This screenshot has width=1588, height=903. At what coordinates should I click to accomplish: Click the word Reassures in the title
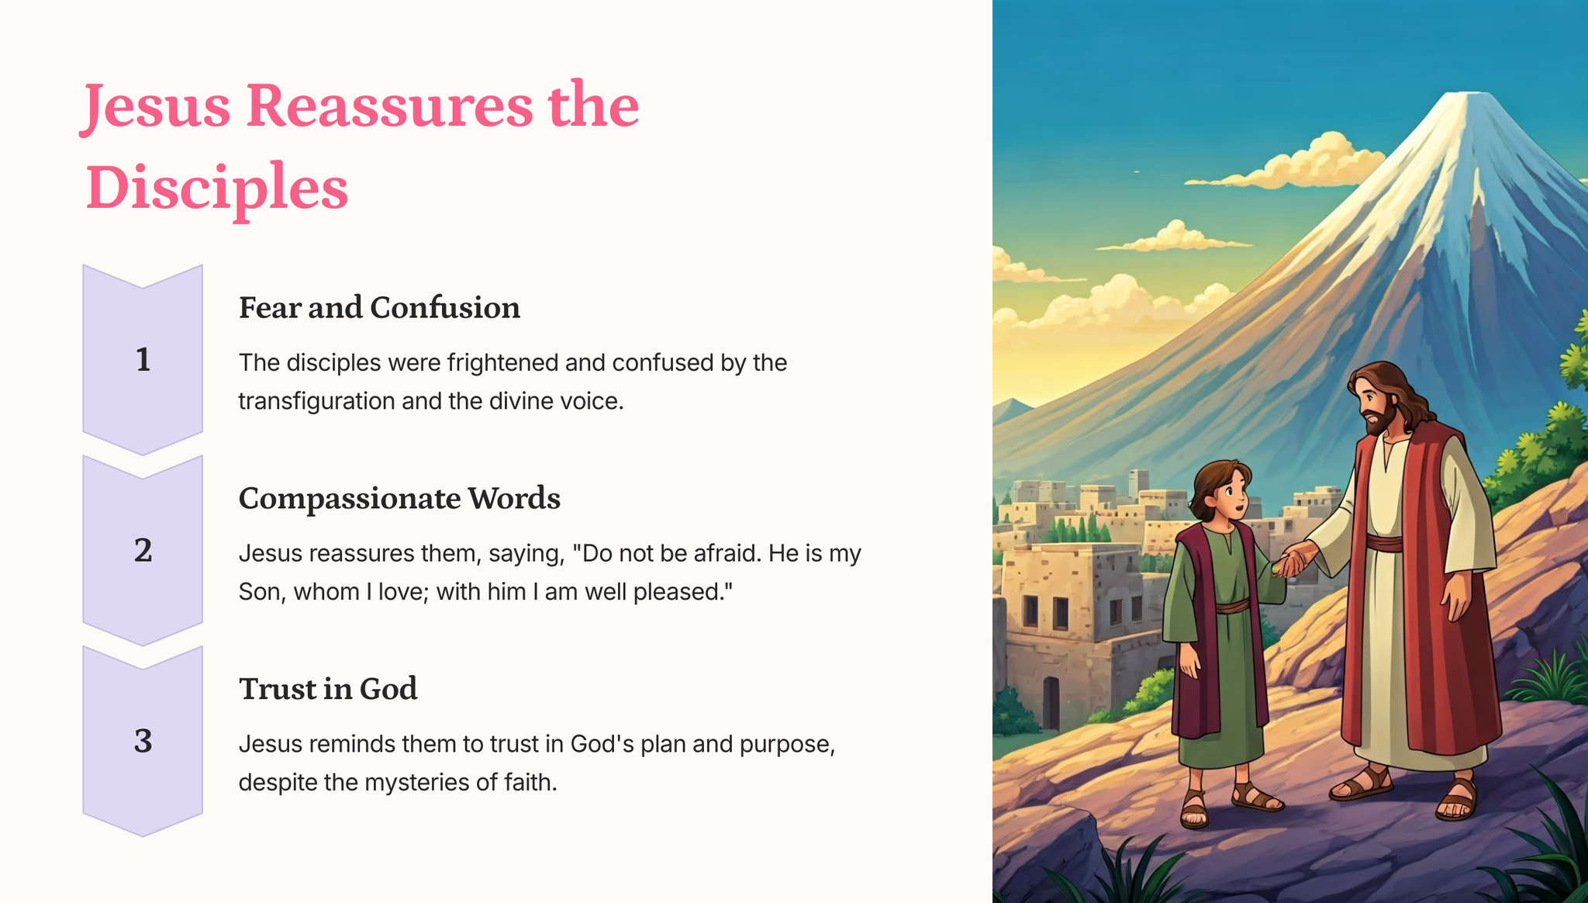click(390, 106)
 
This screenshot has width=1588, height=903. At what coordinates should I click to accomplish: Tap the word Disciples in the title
click(216, 189)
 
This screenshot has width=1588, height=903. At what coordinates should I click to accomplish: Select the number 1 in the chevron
click(143, 359)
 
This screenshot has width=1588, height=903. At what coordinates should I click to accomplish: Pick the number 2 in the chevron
click(143, 550)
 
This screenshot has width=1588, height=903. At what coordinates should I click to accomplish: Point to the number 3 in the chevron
click(143, 741)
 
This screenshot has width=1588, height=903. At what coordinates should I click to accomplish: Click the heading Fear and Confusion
click(379, 308)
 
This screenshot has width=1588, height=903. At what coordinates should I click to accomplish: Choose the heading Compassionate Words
click(399, 499)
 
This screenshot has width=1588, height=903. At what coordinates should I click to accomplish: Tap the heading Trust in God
click(328, 689)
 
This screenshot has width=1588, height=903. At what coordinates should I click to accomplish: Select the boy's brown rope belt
click(1232, 604)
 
